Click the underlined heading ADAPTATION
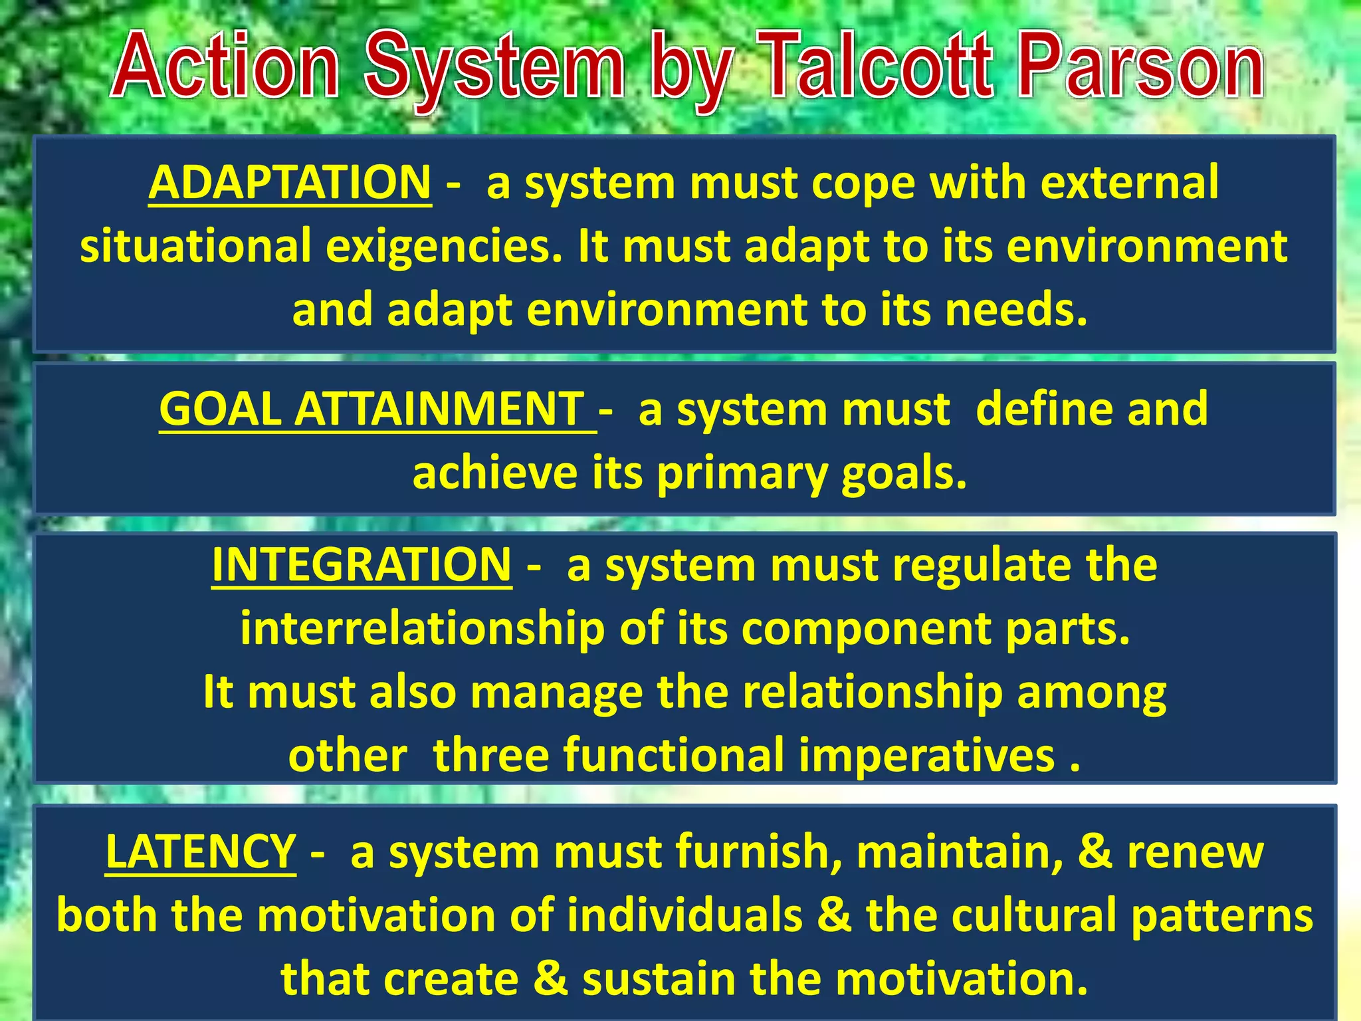tap(290, 183)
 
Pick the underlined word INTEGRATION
tap(362, 565)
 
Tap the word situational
tap(195, 246)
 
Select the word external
tap(1130, 182)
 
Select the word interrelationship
tap(423, 629)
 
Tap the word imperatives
tap(927, 756)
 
